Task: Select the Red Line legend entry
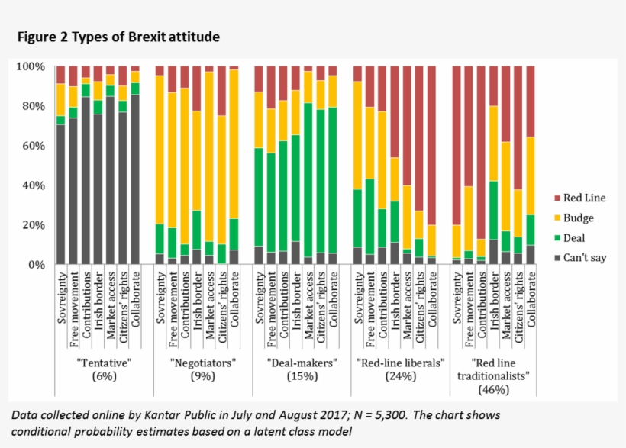pos(585,198)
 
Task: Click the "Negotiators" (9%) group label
pos(196,369)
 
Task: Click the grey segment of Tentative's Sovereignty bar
pos(61,195)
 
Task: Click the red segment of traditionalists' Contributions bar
pos(481,153)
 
